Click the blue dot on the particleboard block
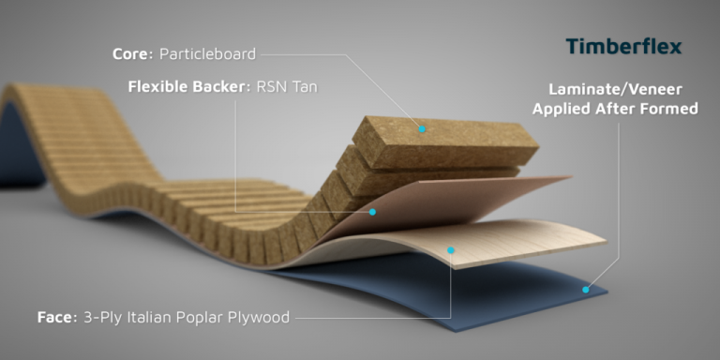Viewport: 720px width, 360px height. click(422, 128)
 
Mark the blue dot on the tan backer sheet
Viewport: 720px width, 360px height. click(372, 212)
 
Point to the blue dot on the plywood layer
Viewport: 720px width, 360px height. click(451, 249)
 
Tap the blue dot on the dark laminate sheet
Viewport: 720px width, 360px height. click(585, 290)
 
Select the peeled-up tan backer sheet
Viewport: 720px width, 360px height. click(450, 202)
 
